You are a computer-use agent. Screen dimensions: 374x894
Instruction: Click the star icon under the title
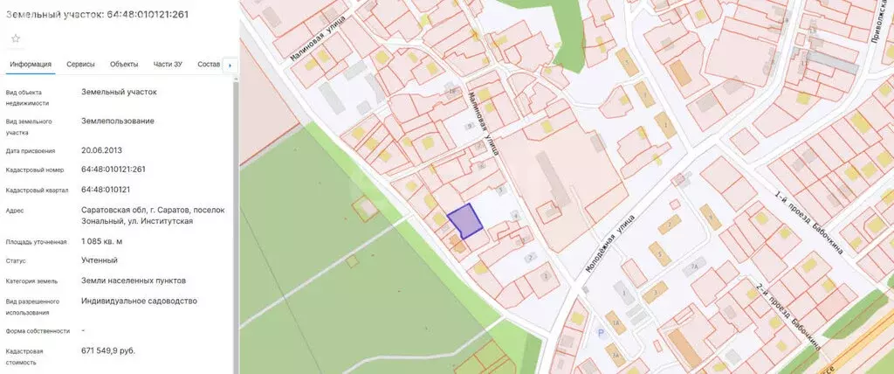click(x=16, y=38)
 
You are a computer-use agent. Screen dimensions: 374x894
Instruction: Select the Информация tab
click(x=31, y=65)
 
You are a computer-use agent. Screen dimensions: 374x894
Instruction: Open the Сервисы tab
click(x=80, y=65)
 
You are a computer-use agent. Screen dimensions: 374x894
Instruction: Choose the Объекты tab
click(x=124, y=65)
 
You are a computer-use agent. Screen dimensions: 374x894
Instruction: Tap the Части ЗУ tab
click(x=168, y=65)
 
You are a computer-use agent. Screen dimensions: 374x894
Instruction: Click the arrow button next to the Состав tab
click(x=229, y=65)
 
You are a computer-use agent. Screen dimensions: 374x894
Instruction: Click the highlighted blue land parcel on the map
click(x=465, y=221)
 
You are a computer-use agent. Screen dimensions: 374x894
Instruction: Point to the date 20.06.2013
click(x=101, y=150)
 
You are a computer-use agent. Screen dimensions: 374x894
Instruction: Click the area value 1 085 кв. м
click(x=101, y=241)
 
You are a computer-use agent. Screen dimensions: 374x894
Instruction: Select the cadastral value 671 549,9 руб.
click(x=107, y=350)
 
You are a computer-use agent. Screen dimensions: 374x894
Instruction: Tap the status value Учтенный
click(x=99, y=260)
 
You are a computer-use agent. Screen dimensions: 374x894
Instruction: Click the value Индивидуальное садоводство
click(x=139, y=301)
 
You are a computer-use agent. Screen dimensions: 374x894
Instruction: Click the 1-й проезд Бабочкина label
click(x=808, y=223)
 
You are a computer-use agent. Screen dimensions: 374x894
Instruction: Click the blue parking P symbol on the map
click(x=599, y=332)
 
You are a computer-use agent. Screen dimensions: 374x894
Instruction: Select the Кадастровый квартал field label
click(x=37, y=190)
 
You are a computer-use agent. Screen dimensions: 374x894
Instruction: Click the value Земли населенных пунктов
click(x=133, y=280)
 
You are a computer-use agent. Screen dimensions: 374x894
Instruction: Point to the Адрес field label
click(x=15, y=211)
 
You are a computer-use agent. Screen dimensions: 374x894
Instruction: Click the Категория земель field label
click(x=32, y=281)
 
